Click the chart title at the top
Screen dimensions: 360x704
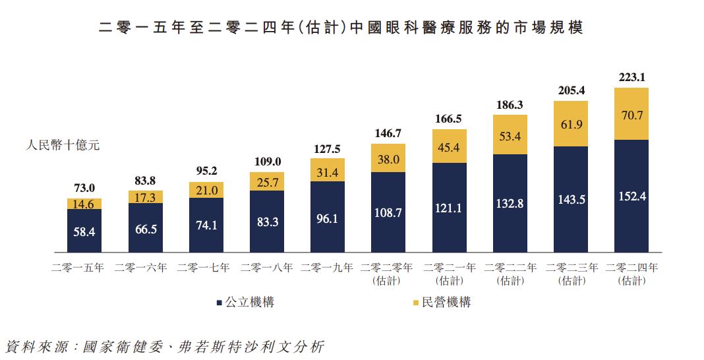[x=341, y=28]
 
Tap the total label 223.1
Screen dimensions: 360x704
[x=631, y=77]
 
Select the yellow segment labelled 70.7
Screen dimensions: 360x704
[x=631, y=114]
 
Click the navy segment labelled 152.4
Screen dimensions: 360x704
[x=631, y=196]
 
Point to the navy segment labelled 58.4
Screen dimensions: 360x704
[x=84, y=231]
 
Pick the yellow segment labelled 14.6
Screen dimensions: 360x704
[x=84, y=204]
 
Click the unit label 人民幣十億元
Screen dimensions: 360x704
[x=63, y=145]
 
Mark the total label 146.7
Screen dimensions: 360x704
[x=388, y=133]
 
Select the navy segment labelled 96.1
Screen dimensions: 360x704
[x=327, y=218]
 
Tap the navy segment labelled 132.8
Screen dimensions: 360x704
[x=510, y=204]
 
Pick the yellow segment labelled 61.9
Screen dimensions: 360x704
[x=570, y=124]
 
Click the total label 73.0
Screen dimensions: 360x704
[x=84, y=188]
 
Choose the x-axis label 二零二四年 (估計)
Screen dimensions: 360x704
[x=631, y=274]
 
